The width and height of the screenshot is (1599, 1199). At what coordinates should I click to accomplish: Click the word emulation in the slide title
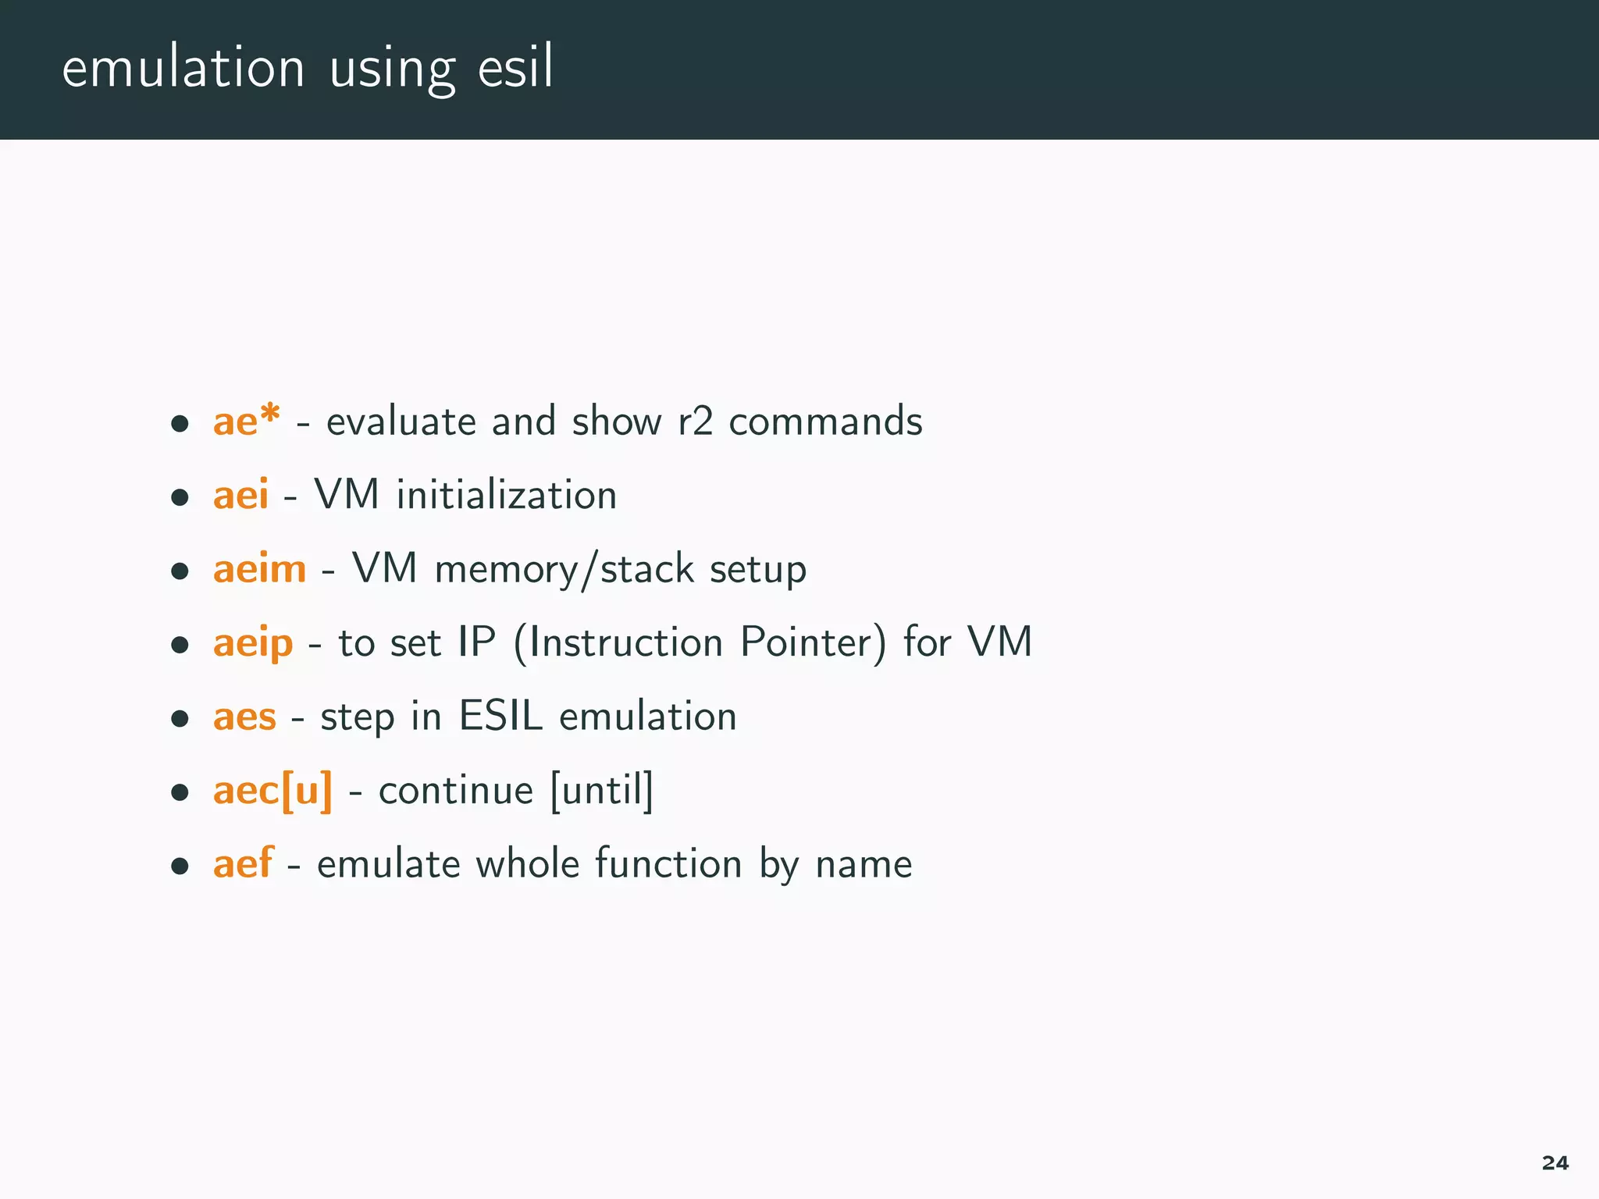click(183, 69)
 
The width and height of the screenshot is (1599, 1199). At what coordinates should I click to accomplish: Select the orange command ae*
click(246, 422)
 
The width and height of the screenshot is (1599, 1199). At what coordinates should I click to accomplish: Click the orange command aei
click(240, 495)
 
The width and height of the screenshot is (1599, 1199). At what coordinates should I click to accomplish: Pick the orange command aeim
click(259, 569)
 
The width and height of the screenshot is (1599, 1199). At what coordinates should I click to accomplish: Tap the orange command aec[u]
click(272, 791)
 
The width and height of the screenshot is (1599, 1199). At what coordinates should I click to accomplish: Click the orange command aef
click(243, 864)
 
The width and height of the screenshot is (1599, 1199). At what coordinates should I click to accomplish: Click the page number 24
click(1554, 1163)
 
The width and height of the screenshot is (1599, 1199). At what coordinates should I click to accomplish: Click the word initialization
click(507, 495)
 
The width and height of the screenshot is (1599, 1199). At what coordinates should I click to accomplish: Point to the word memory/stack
click(564, 569)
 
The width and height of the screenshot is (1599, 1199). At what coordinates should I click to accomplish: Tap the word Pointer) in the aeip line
click(814, 643)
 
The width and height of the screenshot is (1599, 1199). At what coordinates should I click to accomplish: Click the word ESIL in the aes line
click(500, 717)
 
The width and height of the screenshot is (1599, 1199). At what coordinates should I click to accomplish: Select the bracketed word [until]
click(601, 791)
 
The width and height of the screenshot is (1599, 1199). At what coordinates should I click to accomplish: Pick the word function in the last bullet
click(668, 864)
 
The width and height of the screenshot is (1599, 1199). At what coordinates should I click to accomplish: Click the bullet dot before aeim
click(180, 571)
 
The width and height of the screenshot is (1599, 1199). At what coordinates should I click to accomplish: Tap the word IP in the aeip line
click(476, 642)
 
